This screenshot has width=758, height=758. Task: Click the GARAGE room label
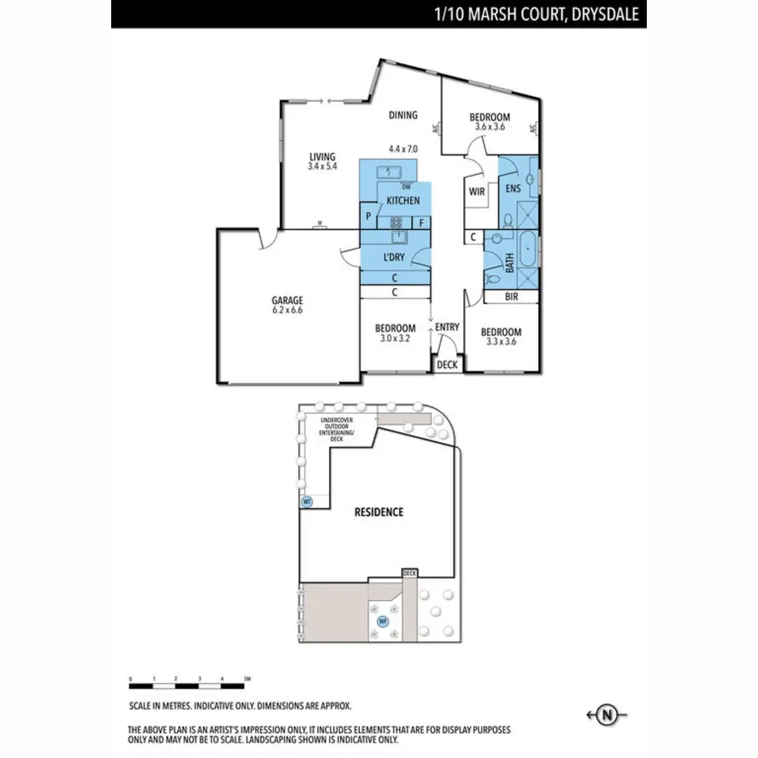click(x=287, y=301)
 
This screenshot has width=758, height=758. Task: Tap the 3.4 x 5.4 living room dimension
click(x=322, y=167)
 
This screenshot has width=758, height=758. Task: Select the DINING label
click(x=403, y=115)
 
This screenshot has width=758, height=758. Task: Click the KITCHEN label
click(x=403, y=200)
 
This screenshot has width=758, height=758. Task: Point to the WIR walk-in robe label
click(x=477, y=191)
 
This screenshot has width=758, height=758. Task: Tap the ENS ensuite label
click(x=513, y=188)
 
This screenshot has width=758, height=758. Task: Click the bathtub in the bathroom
click(x=528, y=249)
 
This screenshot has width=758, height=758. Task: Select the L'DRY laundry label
click(x=394, y=257)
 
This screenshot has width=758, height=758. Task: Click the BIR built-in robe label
click(x=512, y=296)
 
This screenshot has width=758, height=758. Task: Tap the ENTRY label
click(x=447, y=327)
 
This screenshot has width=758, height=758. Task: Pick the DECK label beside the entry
click(x=447, y=364)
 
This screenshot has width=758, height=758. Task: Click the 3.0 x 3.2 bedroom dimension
click(x=395, y=339)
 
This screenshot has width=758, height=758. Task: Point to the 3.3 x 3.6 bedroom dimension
click(x=502, y=342)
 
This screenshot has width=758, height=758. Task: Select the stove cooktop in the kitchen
click(x=396, y=222)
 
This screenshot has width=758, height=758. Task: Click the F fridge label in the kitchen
click(x=421, y=222)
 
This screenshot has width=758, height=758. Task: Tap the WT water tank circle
click(x=308, y=502)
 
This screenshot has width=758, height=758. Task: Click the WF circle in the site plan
click(x=382, y=622)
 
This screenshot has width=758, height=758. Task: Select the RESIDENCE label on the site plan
click(x=379, y=512)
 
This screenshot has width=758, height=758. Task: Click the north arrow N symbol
click(x=607, y=715)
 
